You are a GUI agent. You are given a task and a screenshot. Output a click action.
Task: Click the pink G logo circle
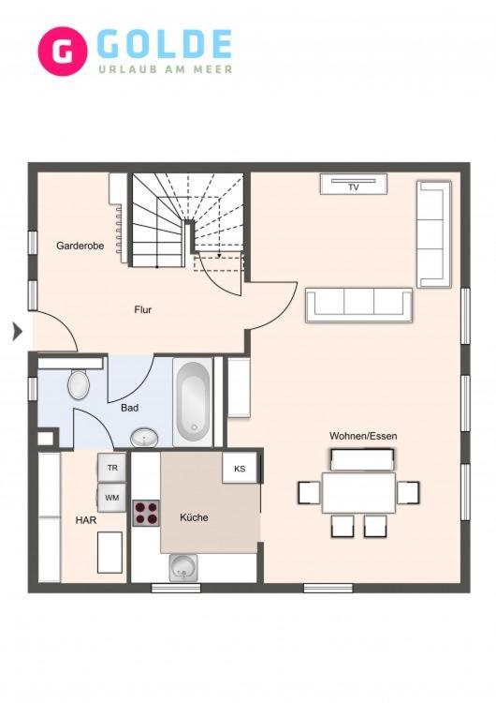[63, 52]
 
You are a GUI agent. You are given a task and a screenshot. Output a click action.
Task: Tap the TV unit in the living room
[353, 184]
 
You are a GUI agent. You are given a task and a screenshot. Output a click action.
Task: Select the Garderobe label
[80, 246]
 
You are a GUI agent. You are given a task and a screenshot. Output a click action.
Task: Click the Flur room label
[143, 309]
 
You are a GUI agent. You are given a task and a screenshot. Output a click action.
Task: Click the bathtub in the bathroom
[193, 402]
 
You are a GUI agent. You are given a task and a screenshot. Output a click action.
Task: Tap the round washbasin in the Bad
[144, 438]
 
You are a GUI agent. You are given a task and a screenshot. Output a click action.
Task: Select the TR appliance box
[112, 468]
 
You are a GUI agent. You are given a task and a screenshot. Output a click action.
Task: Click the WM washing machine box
[112, 498]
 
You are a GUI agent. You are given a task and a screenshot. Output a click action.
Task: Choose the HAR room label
[86, 520]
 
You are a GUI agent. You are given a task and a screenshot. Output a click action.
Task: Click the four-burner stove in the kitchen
[146, 513]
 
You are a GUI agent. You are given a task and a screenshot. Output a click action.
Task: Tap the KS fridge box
[240, 468]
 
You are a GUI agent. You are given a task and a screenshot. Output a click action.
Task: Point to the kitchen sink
[183, 568]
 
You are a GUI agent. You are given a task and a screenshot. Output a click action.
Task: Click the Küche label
[194, 517]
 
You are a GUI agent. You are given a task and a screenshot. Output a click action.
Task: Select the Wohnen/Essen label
[363, 436]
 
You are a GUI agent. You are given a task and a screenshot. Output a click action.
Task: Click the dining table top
[358, 493]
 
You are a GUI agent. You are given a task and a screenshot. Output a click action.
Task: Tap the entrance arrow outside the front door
[17, 332]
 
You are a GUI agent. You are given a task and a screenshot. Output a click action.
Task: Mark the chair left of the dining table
[310, 492]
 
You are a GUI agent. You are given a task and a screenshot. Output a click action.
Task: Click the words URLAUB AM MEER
[166, 69]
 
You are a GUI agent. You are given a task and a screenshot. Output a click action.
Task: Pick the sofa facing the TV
[358, 306]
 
